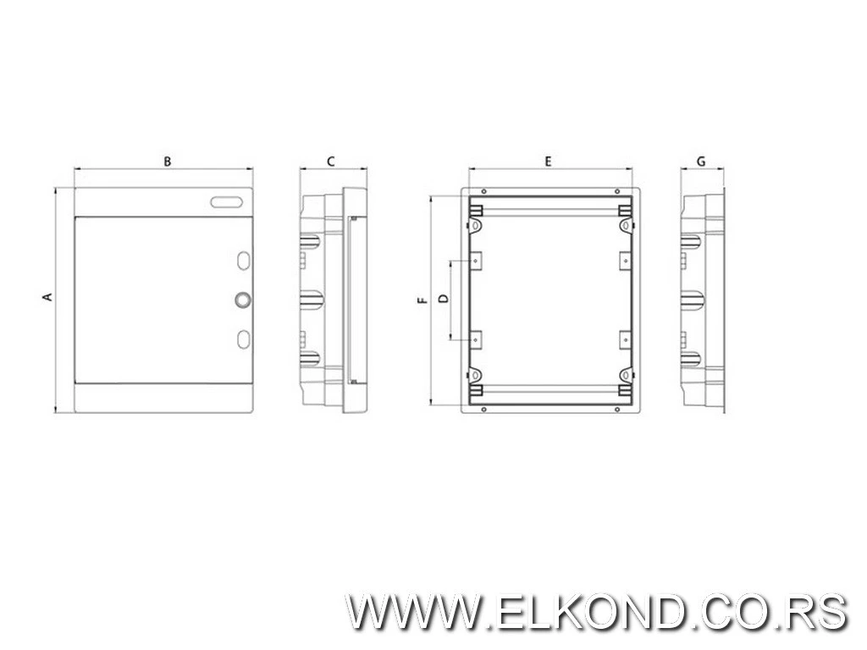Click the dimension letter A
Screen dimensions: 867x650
[48, 297]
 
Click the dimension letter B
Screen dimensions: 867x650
[167, 162]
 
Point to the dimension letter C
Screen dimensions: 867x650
[331, 162]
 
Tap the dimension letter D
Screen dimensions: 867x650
[443, 299]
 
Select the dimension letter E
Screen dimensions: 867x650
[548, 162]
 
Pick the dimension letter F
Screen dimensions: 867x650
[423, 300]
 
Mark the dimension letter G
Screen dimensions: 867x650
[701, 162]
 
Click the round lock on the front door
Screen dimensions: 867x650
[242, 300]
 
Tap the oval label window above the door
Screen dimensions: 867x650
[227, 202]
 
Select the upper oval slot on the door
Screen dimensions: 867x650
[243, 261]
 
